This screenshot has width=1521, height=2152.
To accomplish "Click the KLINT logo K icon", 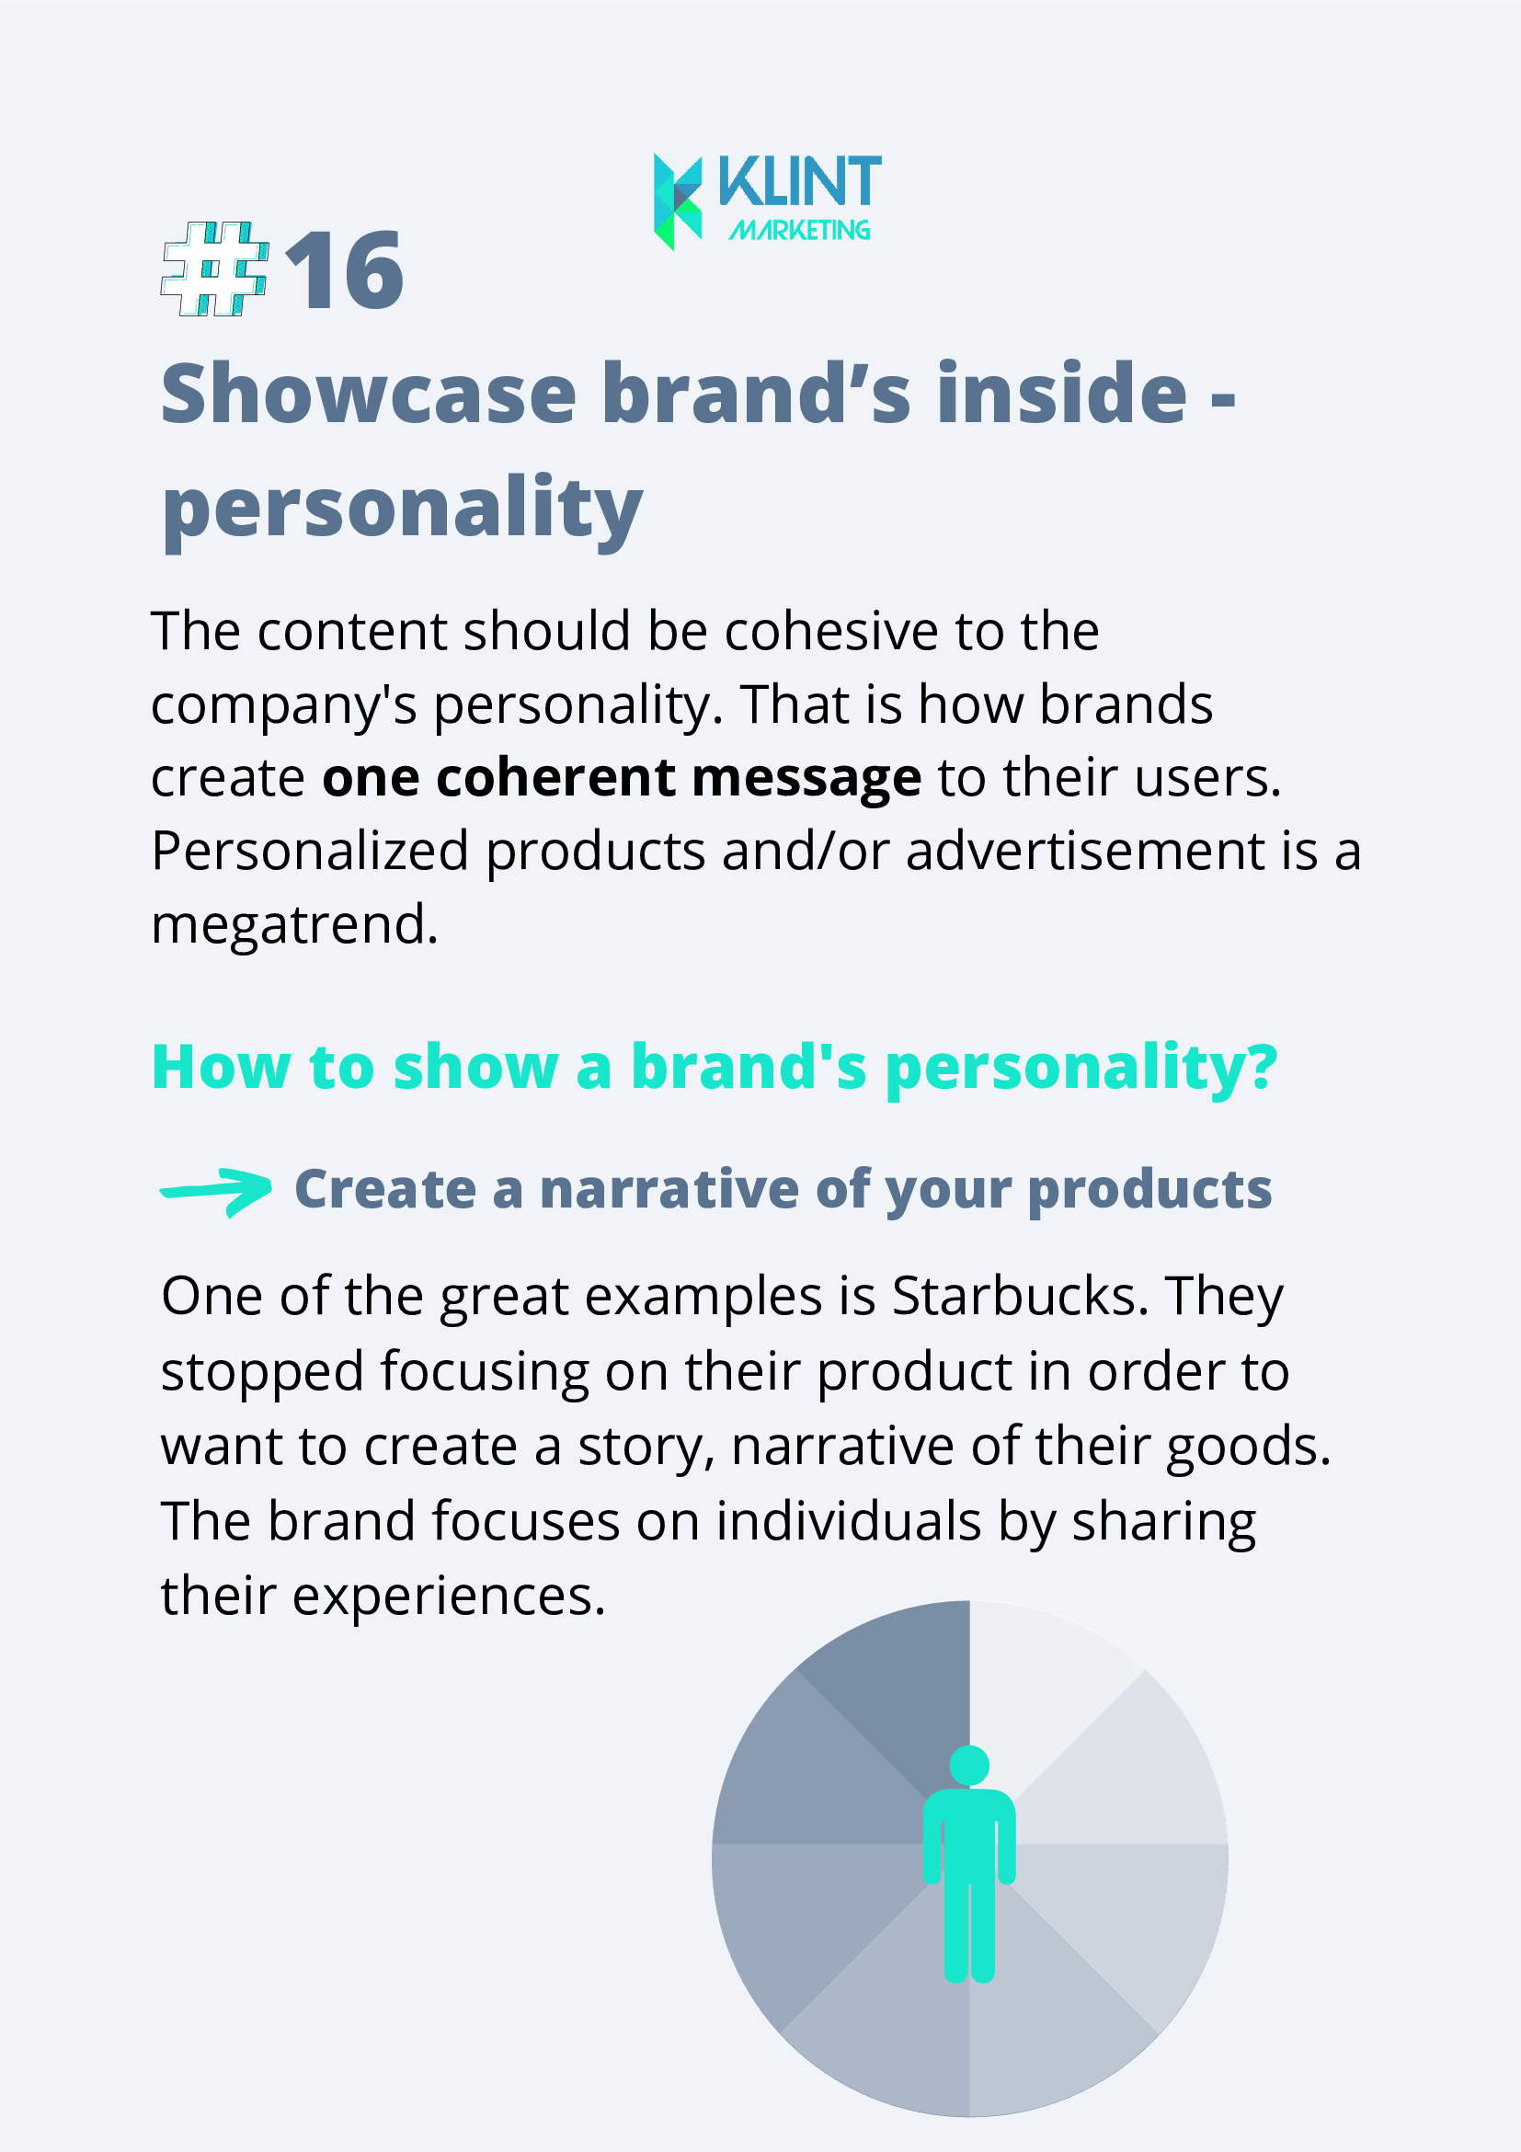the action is (x=678, y=201).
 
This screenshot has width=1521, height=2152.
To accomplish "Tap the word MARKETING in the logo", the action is (x=799, y=230).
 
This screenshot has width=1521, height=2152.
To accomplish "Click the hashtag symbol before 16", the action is (x=215, y=269).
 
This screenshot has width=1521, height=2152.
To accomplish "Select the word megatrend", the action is (x=295, y=925).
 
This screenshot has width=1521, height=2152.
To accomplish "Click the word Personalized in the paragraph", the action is (x=310, y=852).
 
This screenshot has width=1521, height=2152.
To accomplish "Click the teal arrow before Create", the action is (x=216, y=1191).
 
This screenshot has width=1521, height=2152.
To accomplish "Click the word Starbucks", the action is (x=1020, y=1297).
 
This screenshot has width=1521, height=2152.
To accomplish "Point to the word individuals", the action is (x=848, y=1521).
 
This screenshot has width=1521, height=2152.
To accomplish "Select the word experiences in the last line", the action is (x=449, y=1597).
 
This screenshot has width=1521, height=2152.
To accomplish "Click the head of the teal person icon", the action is (x=969, y=1765).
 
